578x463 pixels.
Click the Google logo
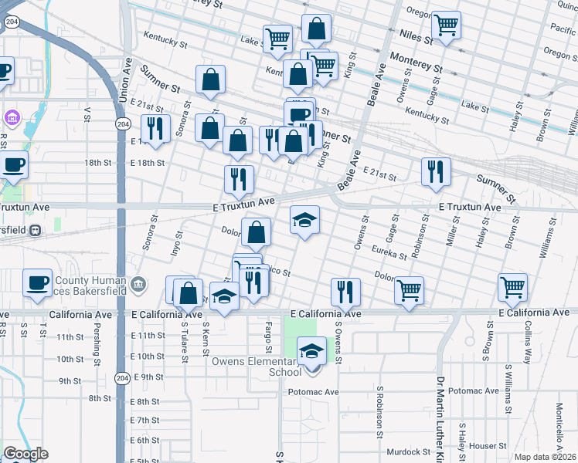[x=25, y=454]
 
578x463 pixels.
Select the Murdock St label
[x=409, y=451]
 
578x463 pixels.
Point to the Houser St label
[x=488, y=446]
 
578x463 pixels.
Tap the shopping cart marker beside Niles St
[x=446, y=25]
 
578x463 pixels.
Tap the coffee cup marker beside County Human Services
[x=37, y=282]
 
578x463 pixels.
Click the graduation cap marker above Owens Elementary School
[x=311, y=351]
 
